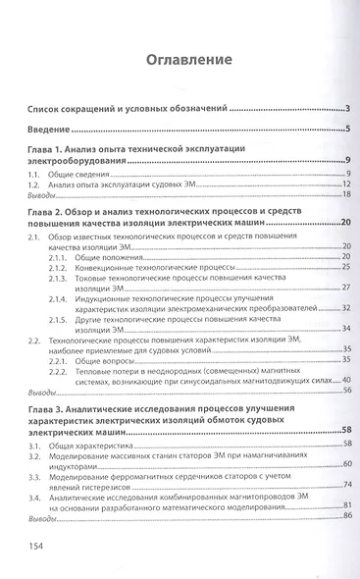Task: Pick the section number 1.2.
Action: [34, 184]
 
